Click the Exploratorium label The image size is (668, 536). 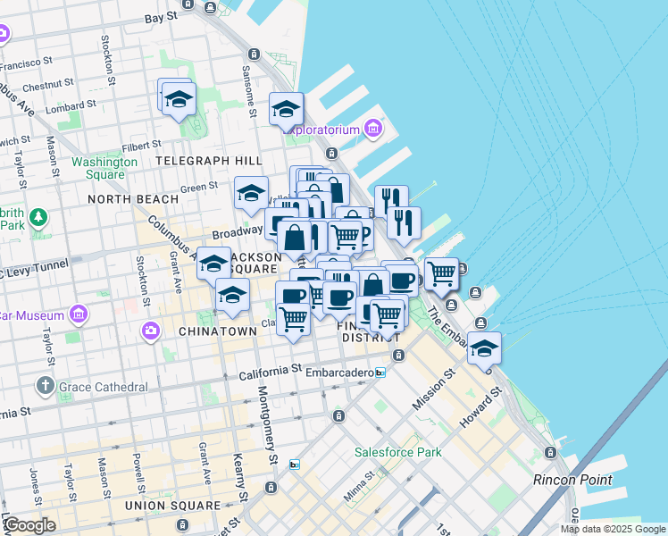coord(322,130)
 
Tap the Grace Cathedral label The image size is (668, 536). coord(104,387)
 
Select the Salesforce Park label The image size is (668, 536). coord(397,452)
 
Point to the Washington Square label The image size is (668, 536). coord(104,168)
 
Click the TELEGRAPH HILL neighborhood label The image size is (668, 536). coord(208,160)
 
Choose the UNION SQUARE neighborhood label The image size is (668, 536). coord(172,506)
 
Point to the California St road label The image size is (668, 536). coord(271,370)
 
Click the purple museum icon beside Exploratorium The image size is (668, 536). coord(373,130)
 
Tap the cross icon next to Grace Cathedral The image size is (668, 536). coord(46,387)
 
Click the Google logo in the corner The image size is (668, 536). coord(29,525)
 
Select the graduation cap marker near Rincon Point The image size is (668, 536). coord(484,350)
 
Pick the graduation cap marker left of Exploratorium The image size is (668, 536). coord(286,110)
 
